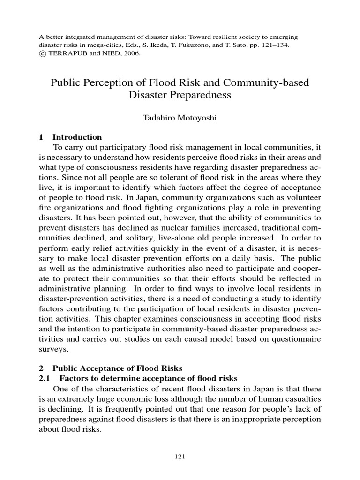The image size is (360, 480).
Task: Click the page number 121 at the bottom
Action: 180,457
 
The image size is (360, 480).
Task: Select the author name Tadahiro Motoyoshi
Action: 180,119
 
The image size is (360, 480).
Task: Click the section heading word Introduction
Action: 77,137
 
